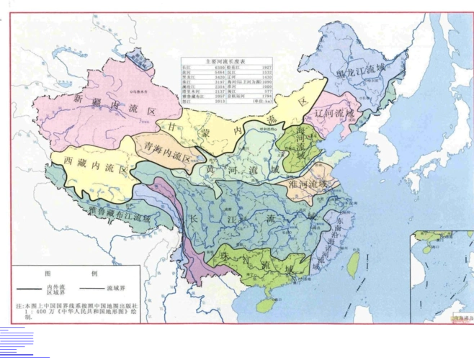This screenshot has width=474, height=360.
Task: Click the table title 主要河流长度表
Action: tap(226, 61)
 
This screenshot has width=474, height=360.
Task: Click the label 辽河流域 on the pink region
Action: tap(335, 113)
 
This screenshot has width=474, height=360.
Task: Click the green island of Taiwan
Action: tap(353, 264)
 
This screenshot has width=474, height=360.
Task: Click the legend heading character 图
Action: tap(48, 274)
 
